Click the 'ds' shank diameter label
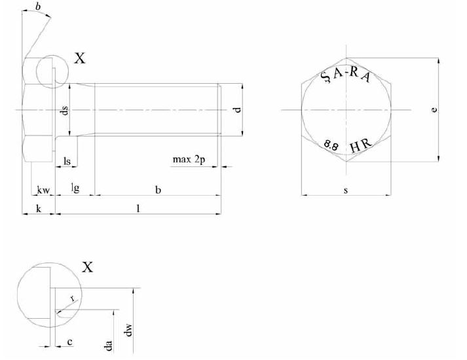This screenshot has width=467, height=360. coord(64,111)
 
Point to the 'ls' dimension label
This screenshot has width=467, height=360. coord(67,161)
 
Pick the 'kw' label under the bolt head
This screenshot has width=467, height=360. coord(43,190)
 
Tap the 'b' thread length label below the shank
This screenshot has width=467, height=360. coord(157,189)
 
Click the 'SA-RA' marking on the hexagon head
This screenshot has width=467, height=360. coord(347,75)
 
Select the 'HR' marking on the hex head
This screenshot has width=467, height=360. coord(362,145)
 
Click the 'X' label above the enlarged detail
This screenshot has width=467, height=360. coord(87,266)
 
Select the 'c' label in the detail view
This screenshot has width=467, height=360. coord(69,342)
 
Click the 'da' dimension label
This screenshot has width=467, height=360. coord(109,344)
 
